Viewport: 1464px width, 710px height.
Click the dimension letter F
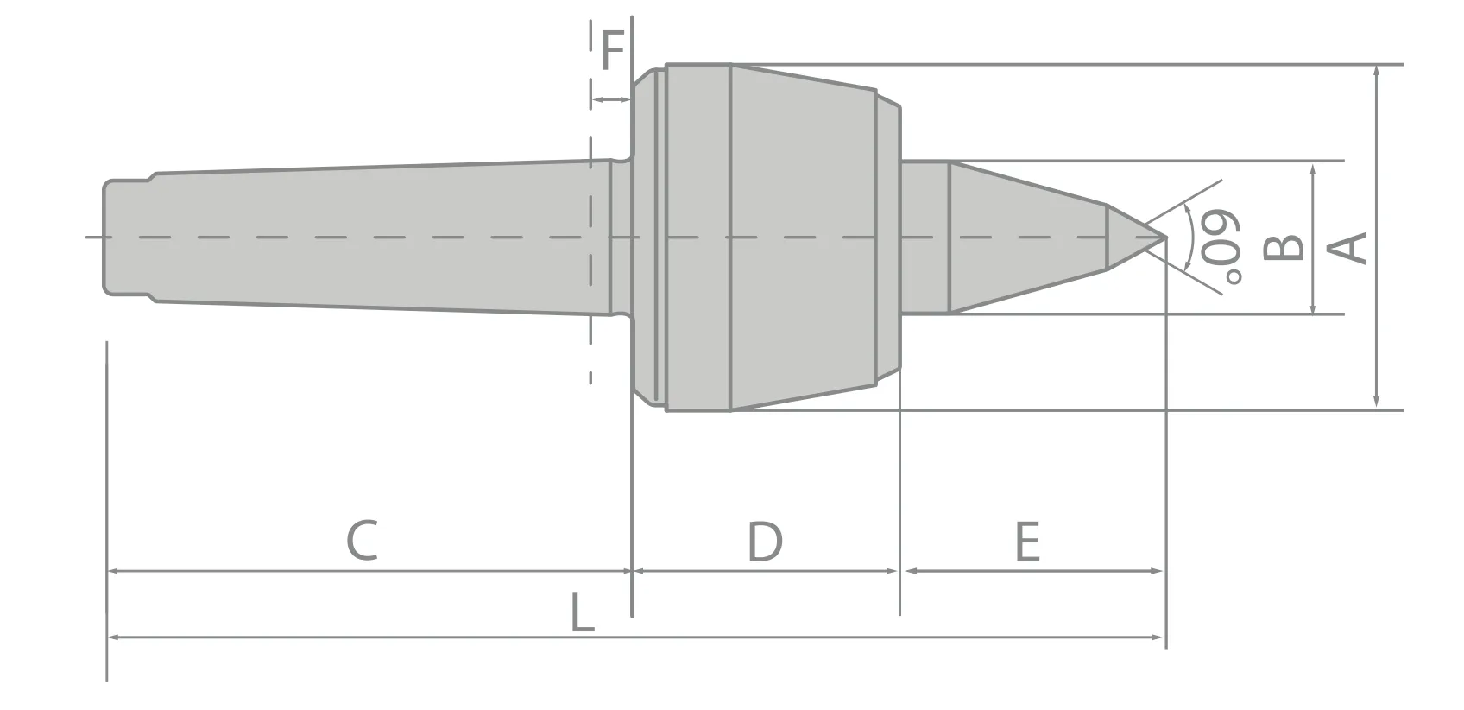click(612, 50)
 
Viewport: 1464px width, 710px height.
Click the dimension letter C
click(362, 541)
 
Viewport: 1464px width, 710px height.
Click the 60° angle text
click(1222, 246)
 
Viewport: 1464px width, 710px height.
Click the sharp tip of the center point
click(1164, 237)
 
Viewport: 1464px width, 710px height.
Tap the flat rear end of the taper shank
click(104, 237)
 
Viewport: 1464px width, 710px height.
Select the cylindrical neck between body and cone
click(924, 237)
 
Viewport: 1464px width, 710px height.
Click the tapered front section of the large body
click(803, 237)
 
